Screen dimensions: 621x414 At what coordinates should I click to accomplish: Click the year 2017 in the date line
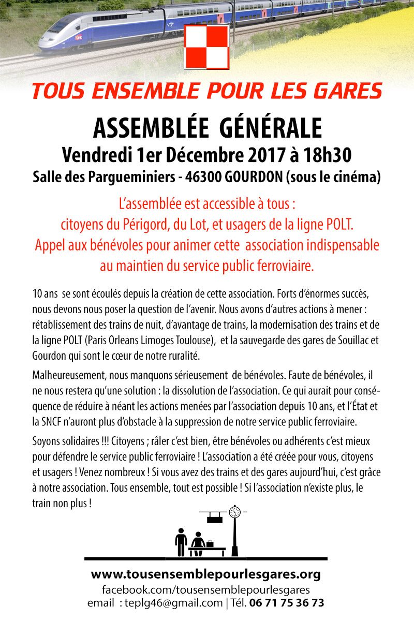[x=267, y=155]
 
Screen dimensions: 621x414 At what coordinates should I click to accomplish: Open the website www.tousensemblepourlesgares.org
[x=206, y=574]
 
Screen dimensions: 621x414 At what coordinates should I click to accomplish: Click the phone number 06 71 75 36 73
[x=287, y=602]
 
